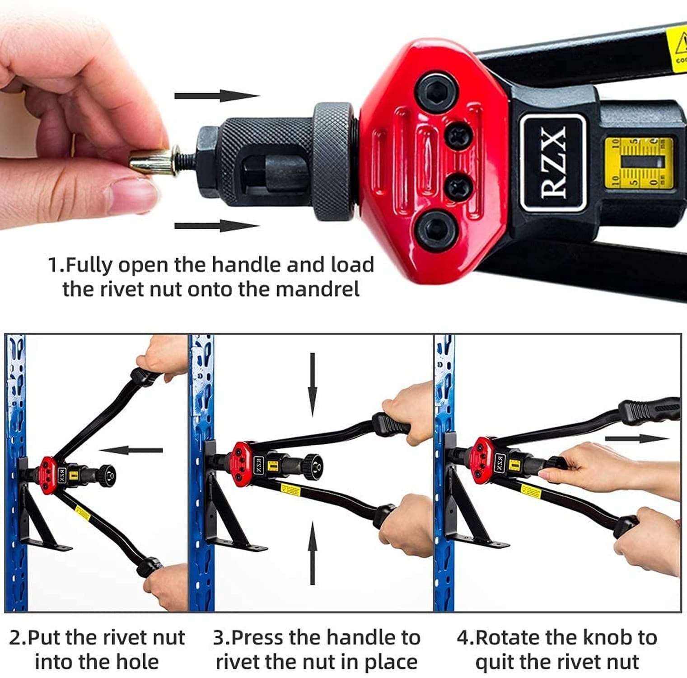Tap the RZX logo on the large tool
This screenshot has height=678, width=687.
pyautogui.click(x=553, y=163)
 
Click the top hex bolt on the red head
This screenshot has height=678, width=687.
pyautogui.click(x=435, y=91)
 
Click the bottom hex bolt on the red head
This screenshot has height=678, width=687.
pyautogui.click(x=435, y=231)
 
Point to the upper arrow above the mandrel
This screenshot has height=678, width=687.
pyautogui.click(x=217, y=95)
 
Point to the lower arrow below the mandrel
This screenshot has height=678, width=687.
pyautogui.click(x=217, y=226)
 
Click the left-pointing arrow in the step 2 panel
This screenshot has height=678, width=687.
pyautogui.click(x=131, y=450)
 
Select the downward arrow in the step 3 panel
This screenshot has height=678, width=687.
pyautogui.click(x=312, y=384)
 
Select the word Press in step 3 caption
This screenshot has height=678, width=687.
pyautogui.click(x=258, y=638)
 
